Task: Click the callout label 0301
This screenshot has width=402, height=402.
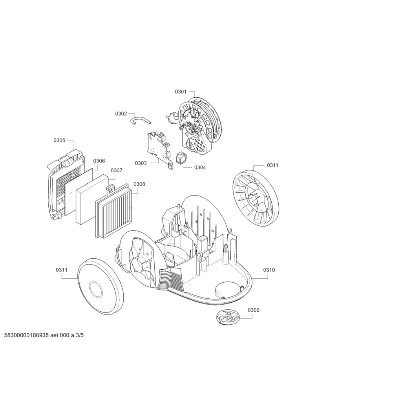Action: [181, 91]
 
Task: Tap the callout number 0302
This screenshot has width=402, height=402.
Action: [121, 113]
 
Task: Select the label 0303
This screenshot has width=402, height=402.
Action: [141, 163]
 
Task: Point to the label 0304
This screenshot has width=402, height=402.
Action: [200, 167]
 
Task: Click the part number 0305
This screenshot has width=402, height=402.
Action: [60, 140]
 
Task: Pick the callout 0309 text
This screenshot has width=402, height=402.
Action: [253, 310]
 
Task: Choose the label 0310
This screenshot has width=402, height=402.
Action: [269, 270]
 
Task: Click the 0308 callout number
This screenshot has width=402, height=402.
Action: [139, 184]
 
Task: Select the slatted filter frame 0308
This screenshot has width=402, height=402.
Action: [113, 211]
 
